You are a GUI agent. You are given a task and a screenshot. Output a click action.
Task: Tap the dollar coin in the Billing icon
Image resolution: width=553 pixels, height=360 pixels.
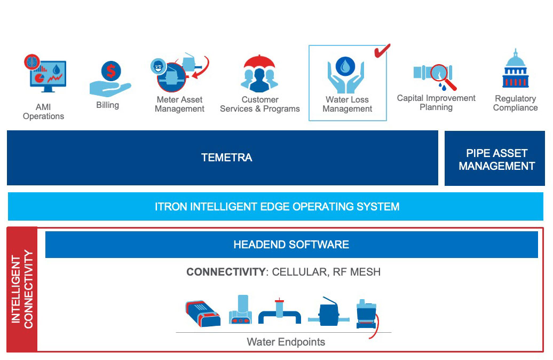click(x=111, y=71)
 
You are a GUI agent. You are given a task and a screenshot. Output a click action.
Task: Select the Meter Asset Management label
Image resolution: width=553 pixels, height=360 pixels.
click(x=179, y=104)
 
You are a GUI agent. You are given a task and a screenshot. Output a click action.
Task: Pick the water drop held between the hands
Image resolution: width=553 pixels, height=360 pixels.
click(x=347, y=66)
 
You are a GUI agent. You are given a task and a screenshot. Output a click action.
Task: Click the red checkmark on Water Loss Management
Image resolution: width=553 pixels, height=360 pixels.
click(x=382, y=50)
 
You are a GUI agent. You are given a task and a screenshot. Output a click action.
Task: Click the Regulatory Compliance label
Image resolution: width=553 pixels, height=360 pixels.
click(x=515, y=103)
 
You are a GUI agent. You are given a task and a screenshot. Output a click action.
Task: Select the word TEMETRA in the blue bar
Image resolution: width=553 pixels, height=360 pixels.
click(x=226, y=158)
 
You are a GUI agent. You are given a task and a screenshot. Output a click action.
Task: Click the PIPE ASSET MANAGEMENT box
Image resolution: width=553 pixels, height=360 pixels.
click(x=496, y=159)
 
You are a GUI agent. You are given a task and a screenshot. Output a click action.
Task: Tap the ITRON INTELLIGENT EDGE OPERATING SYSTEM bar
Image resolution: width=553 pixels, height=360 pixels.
click(x=276, y=207)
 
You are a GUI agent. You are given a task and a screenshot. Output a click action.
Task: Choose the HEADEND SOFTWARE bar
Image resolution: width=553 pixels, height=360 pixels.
click(x=291, y=245)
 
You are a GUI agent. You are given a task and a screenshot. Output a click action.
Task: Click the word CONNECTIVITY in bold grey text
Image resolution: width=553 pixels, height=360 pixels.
click(x=225, y=272)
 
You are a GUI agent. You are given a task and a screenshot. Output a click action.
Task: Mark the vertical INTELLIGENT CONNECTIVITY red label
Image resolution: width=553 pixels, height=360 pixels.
click(x=22, y=289)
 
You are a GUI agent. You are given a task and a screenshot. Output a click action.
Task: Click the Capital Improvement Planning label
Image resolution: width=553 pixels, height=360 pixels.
click(x=436, y=103)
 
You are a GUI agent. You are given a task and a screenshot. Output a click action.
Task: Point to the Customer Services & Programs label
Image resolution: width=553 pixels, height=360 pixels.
click(x=259, y=104)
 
